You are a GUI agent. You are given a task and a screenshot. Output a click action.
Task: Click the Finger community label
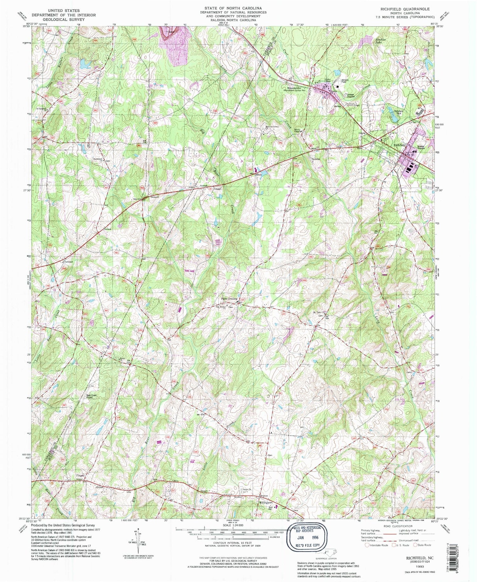(80, 476)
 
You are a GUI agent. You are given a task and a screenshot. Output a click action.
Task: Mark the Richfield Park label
(399, 112)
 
